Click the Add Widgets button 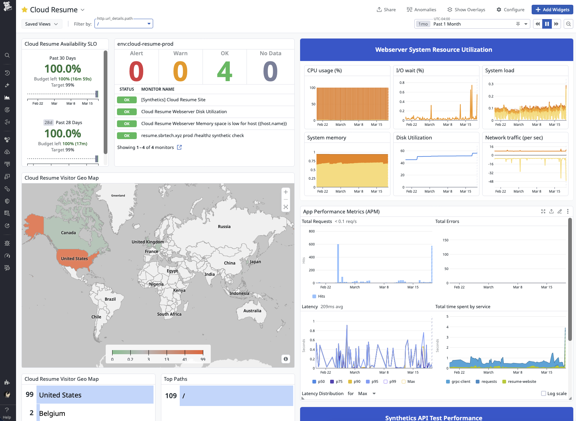(x=552, y=10)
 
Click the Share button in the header (x=386, y=10)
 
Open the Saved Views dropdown (x=41, y=24)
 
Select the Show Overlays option (x=466, y=10)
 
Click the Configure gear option (x=510, y=10)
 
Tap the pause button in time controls (x=547, y=24)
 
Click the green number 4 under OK (x=224, y=72)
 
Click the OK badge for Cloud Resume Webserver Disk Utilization (x=127, y=112)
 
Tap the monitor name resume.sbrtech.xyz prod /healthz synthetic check (x=192, y=136)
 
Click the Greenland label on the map (x=118, y=196)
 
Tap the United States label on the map (x=74, y=259)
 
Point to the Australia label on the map (x=252, y=311)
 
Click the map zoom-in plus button (x=286, y=192)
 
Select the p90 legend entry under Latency (x=354, y=381)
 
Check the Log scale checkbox (x=544, y=393)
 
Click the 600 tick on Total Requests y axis (x=312, y=244)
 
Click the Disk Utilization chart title (x=414, y=138)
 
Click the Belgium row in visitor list (x=52, y=413)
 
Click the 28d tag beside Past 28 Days (x=48, y=122)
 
